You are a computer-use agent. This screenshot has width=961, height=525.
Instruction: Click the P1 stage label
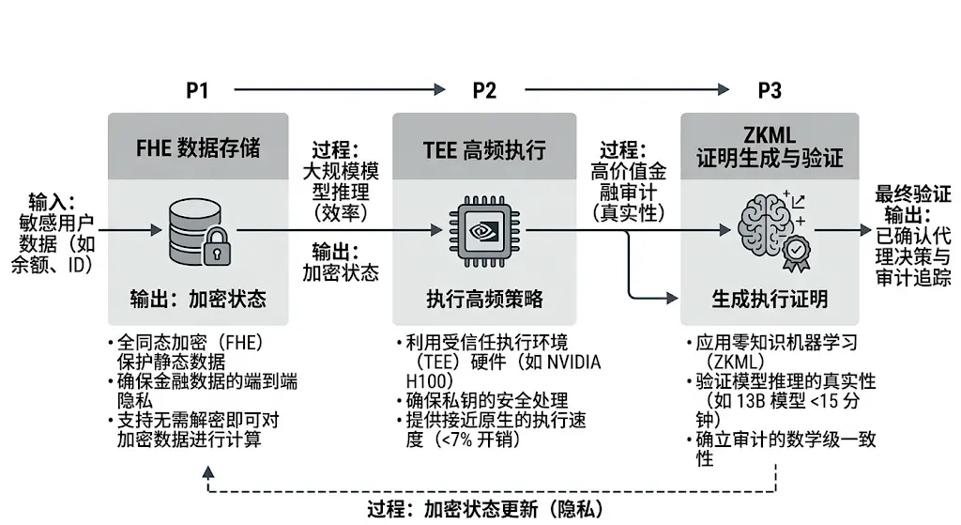pos(197,90)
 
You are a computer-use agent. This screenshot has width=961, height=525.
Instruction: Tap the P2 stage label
pos(484,90)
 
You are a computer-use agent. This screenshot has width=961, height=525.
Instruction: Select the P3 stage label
pos(770,90)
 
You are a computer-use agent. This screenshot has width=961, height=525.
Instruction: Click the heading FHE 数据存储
pos(198,147)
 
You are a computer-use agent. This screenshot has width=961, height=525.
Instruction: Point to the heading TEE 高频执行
pos(484,147)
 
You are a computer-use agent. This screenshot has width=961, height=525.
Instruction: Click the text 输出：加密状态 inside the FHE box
pos(198,299)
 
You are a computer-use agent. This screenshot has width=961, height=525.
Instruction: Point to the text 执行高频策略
pos(484,299)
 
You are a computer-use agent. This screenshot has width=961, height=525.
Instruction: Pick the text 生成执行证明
pos(770,299)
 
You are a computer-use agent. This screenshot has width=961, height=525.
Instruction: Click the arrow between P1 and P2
pos(338,90)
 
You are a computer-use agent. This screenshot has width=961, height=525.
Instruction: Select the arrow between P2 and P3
pos(627,90)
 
